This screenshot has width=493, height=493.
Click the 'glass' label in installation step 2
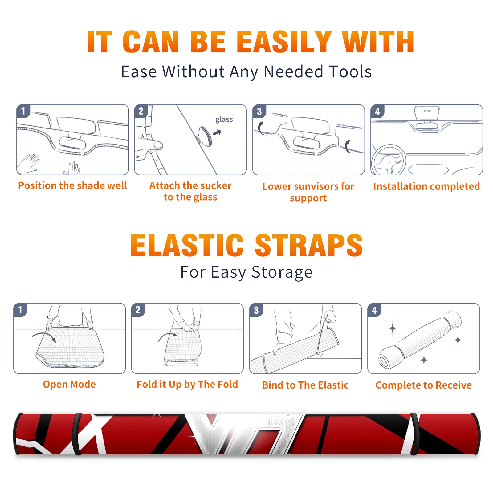[224, 120]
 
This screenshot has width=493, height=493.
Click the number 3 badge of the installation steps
[259, 112]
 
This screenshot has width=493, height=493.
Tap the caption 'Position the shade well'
[72, 185]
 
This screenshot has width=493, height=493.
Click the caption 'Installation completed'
[426, 186]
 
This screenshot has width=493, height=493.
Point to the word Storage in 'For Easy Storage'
[282, 272]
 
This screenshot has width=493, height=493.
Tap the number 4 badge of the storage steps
[374, 310]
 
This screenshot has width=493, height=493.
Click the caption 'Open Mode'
[69, 384]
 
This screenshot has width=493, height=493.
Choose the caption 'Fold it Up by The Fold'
[187, 384]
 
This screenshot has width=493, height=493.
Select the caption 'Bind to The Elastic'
[305, 385]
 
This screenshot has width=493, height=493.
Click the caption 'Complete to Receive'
[424, 385]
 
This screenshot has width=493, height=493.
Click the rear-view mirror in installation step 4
[427, 113]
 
